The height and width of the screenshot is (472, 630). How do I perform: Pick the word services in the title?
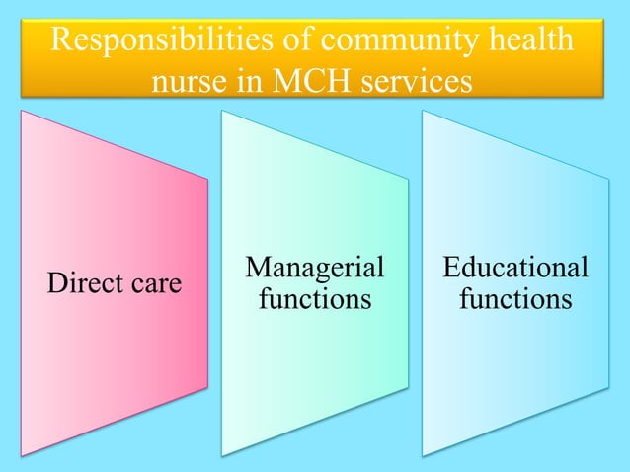pos(415,82)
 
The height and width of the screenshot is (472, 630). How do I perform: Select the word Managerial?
pos(315,268)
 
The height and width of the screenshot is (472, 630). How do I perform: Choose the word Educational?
pos(515,268)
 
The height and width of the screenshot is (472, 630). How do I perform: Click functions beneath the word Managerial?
pos(315,298)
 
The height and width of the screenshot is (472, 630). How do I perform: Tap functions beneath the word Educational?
pos(515,298)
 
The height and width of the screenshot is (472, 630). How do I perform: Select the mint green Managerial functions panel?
pos(315,375)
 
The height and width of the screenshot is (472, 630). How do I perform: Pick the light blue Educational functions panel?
pos(515,375)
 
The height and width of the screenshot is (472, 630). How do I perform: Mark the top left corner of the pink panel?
pos(22,111)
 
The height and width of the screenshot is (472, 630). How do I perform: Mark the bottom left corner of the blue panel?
pos(423,455)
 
